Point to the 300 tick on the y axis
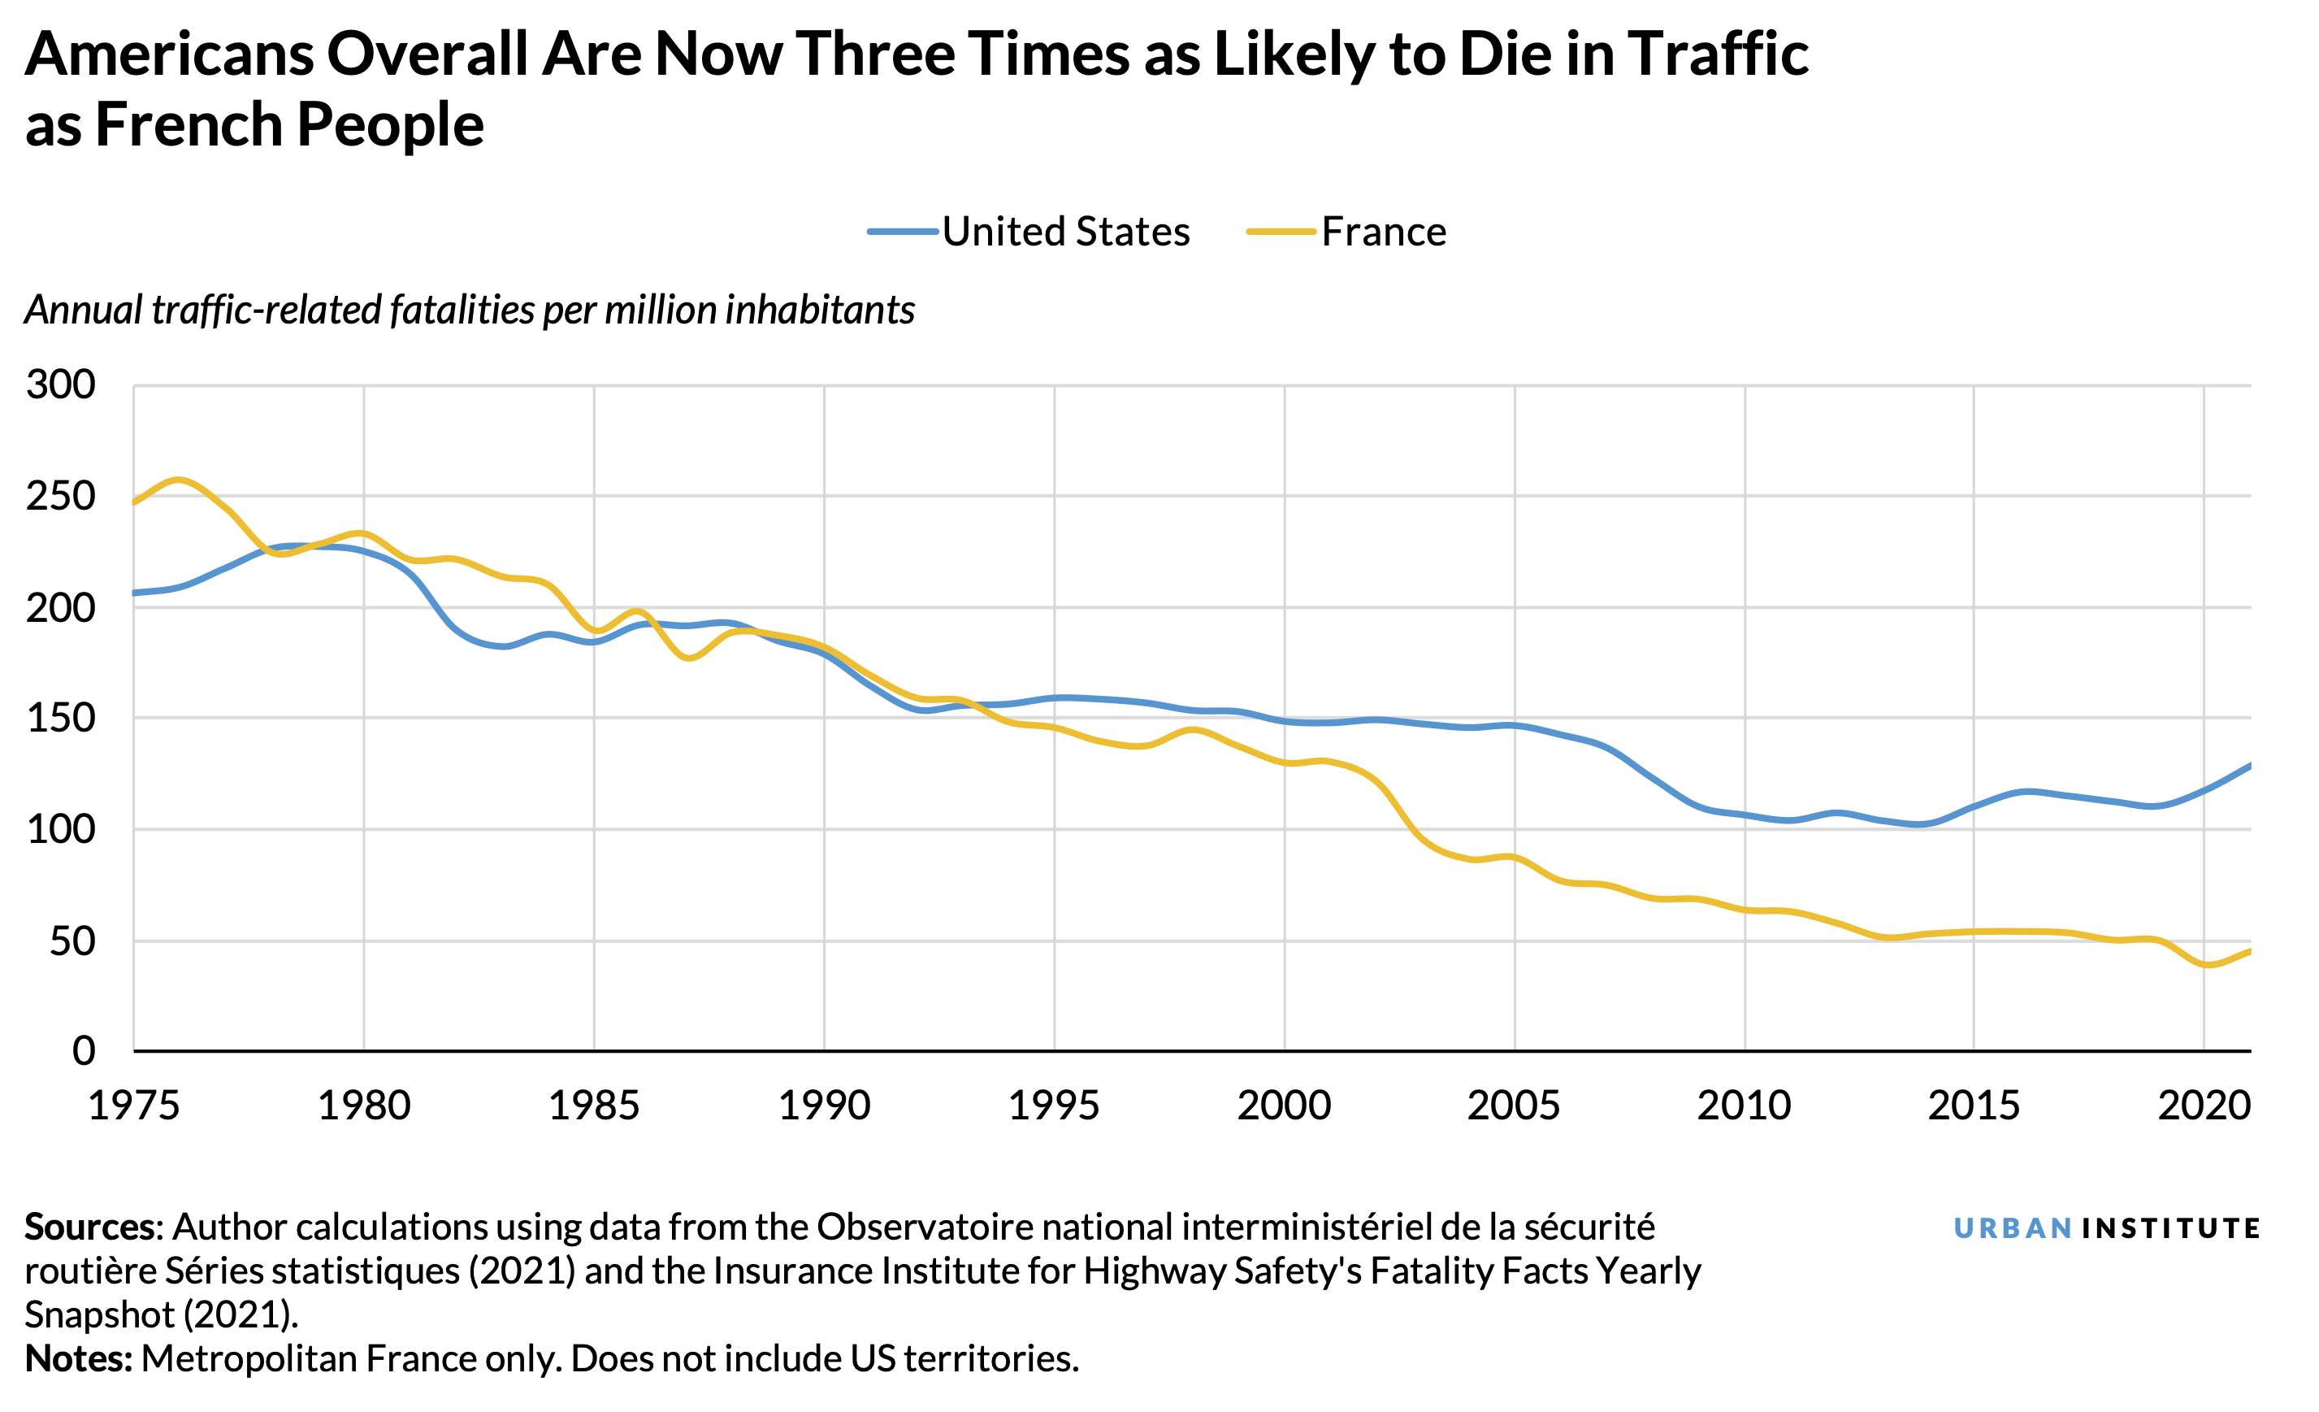pyautogui.click(x=61, y=385)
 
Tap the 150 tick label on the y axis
pyautogui.click(x=61, y=719)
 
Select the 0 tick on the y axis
pyautogui.click(x=84, y=1050)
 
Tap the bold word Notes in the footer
pyautogui.click(x=78, y=1359)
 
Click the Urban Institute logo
pyautogui.click(x=2105, y=1228)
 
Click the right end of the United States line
pyautogui.click(x=2249, y=765)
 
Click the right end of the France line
pyautogui.click(x=2249, y=952)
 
